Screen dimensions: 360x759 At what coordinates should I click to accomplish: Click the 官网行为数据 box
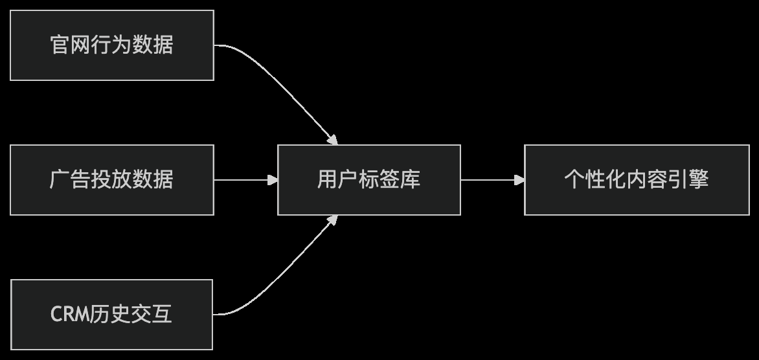[111, 45]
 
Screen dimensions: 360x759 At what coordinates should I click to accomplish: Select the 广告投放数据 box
[111, 180]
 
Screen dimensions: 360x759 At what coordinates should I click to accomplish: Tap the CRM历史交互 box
[111, 315]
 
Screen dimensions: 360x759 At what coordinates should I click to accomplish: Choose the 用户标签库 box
[368, 180]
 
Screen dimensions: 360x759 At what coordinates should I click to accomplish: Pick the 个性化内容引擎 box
[636, 180]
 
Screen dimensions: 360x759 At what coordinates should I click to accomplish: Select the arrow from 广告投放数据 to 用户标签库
[243, 180]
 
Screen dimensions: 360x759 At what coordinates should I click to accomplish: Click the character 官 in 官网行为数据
[60, 45]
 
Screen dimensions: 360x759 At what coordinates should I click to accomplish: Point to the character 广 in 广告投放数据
[60, 180]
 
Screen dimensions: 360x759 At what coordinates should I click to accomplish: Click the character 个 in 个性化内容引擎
[574, 180]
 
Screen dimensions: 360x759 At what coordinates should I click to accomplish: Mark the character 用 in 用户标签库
[327, 180]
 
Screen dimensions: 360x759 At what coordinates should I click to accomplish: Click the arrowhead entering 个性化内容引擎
[519, 180]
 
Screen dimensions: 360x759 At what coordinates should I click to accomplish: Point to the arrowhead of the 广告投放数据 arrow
[273, 180]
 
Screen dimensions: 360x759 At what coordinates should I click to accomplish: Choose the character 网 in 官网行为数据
[80, 45]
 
